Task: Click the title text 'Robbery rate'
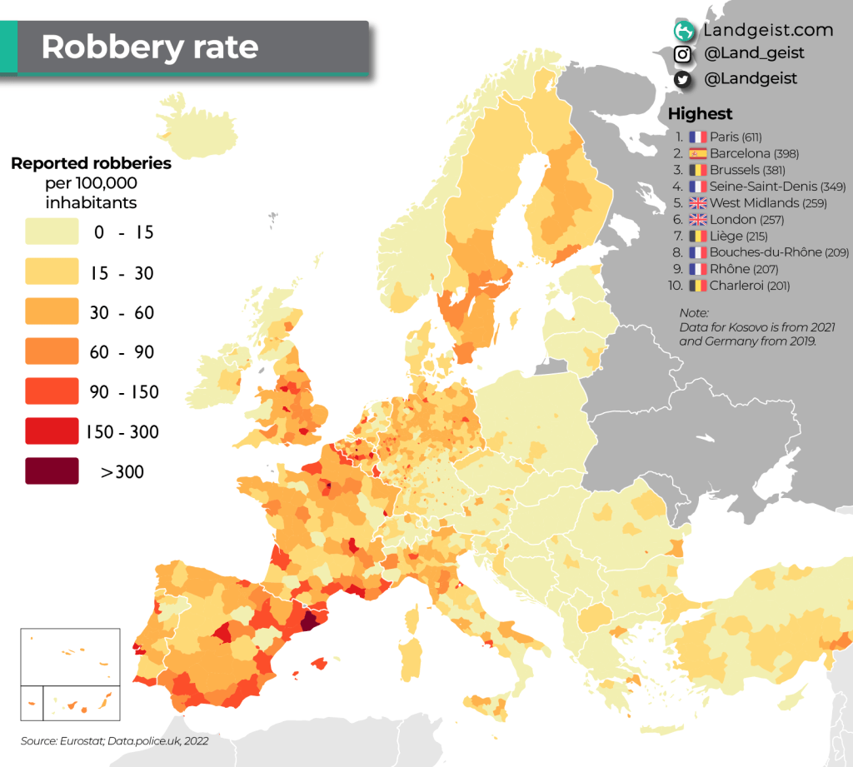149,47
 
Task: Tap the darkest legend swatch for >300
52,471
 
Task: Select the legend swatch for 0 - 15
52,232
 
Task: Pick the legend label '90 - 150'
124,392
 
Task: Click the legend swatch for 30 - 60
52,312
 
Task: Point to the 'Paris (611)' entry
736,137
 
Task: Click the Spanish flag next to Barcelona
697,153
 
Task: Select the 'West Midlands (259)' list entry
767,203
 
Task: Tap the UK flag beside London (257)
697,220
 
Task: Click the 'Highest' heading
700,114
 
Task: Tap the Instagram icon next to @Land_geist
683,54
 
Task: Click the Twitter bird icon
683,79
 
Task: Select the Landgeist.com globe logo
684,31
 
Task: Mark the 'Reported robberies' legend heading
91,163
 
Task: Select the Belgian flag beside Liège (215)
697,237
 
